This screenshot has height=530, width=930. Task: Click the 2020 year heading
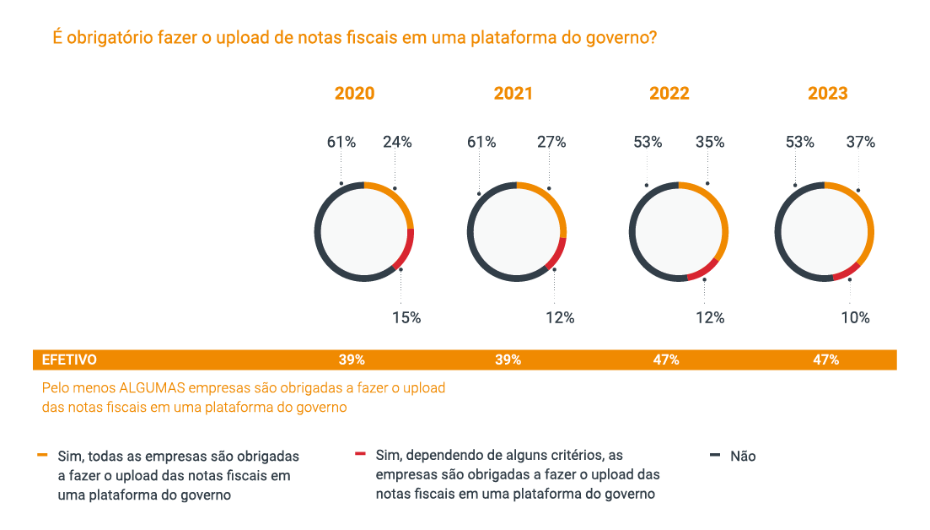[x=354, y=94]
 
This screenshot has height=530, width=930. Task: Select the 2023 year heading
[x=828, y=94]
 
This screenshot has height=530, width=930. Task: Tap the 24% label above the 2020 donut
[x=397, y=143]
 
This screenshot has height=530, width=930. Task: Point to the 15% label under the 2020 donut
[x=406, y=318]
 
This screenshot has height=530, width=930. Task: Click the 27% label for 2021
[x=551, y=143]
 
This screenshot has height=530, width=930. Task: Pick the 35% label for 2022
[x=710, y=143]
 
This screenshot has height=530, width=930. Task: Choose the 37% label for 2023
[x=861, y=143]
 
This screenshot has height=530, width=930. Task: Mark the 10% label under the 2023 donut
[x=855, y=318]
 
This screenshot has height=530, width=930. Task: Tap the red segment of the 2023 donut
[x=846, y=272]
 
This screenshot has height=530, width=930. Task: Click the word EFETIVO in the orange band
[x=69, y=360]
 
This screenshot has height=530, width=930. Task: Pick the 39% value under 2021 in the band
[x=508, y=360]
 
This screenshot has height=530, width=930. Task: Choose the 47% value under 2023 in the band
[x=825, y=360]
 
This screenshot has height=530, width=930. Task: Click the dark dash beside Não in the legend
[x=715, y=455]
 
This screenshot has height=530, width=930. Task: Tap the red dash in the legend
[x=360, y=455]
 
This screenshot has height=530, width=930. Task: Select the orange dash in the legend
[x=42, y=455]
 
